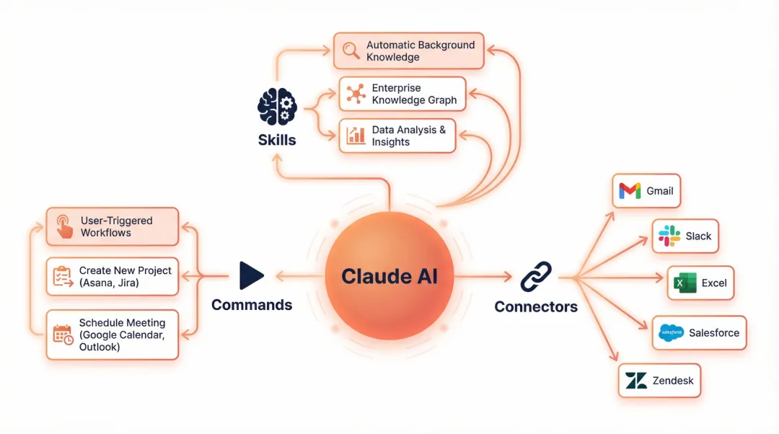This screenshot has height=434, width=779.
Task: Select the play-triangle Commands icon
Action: [x=251, y=275]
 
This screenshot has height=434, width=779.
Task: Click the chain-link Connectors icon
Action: [x=535, y=276]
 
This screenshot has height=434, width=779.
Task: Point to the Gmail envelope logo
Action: [x=630, y=191]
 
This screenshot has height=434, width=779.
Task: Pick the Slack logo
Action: [x=669, y=236]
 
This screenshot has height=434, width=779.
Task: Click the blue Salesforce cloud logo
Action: [x=672, y=332]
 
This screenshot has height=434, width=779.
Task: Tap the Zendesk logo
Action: [x=636, y=380]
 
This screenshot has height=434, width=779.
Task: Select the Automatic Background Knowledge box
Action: [x=408, y=50]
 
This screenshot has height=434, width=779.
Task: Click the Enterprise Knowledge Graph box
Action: [x=402, y=94]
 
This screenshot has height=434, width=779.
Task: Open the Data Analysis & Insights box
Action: [x=397, y=136]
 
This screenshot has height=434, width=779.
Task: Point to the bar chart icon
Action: [x=356, y=136]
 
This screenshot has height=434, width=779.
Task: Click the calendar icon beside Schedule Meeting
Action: [x=63, y=335]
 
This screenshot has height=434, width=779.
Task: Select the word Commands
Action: [x=252, y=305]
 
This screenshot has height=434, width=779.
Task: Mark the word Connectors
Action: [x=536, y=306]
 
